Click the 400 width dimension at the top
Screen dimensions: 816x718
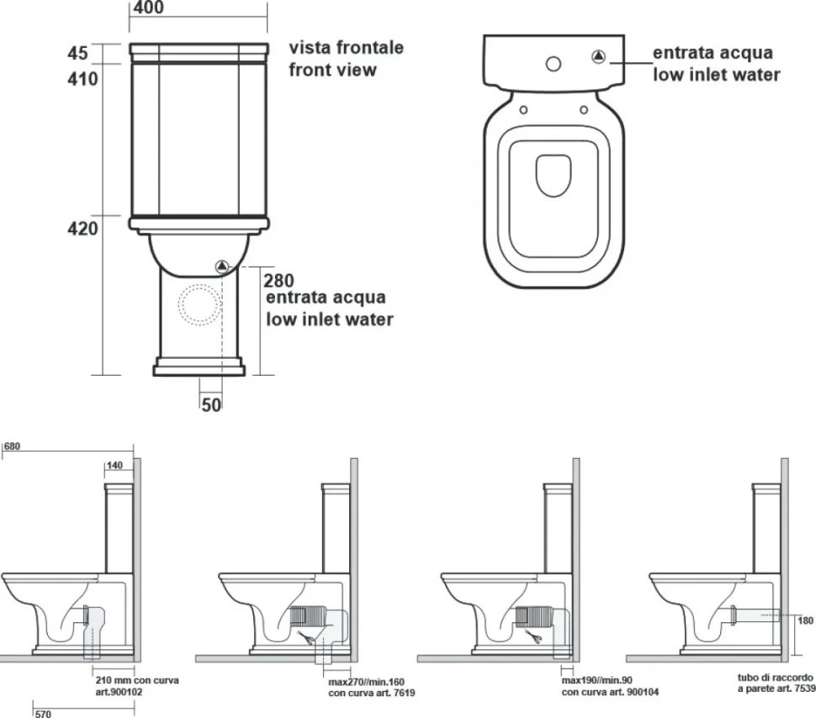[x=148, y=8]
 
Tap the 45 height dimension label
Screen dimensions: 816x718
[x=77, y=53]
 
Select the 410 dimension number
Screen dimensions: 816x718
[x=82, y=78]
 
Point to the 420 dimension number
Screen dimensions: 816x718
[x=82, y=228]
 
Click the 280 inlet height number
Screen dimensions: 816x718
[x=279, y=281]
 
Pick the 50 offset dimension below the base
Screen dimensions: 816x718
[x=211, y=404]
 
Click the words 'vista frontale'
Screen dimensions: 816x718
[x=347, y=47]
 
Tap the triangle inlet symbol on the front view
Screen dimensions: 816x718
[x=222, y=267]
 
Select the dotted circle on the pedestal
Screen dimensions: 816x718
[x=200, y=305]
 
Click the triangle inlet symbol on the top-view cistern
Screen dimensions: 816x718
[x=599, y=56]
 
